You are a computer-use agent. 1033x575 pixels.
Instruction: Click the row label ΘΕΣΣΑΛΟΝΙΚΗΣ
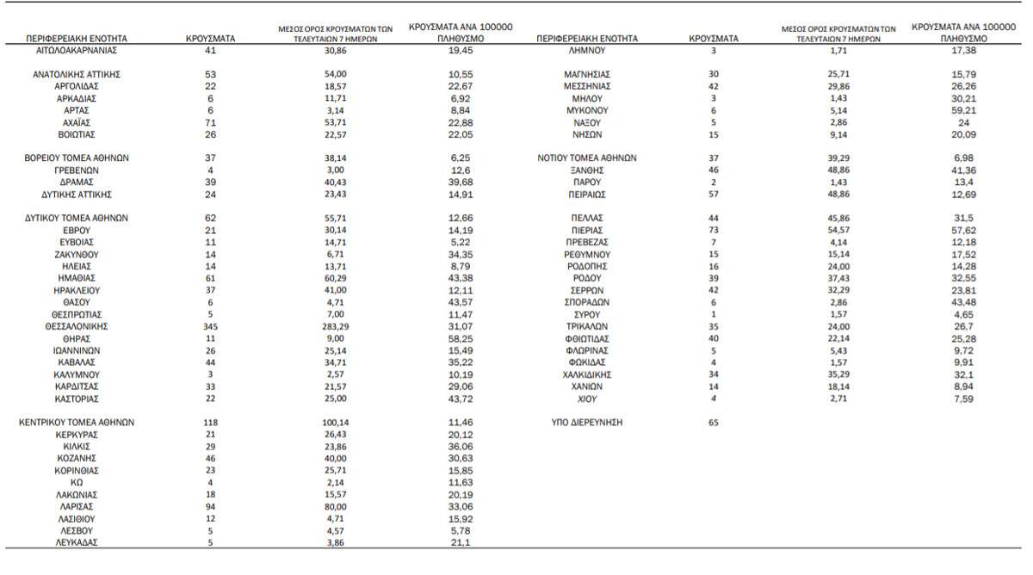click(77, 327)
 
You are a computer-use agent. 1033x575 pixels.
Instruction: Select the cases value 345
click(210, 327)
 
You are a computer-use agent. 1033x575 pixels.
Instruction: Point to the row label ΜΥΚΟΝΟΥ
click(587, 111)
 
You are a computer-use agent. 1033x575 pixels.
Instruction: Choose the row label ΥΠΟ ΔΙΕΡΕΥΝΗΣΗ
click(587, 424)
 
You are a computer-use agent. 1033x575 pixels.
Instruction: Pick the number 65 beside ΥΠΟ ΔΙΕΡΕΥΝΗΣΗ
click(714, 424)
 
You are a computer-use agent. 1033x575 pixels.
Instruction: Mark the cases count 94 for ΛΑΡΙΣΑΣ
click(210, 507)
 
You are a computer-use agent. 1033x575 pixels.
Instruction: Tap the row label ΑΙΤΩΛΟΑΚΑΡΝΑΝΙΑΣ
click(77, 51)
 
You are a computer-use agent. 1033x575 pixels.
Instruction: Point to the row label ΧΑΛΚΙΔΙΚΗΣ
click(587, 375)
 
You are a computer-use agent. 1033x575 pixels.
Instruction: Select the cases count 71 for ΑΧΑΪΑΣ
click(210, 123)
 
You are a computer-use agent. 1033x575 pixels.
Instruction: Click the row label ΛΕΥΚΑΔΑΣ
click(77, 543)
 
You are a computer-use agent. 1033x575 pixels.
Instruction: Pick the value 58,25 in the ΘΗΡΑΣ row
click(461, 339)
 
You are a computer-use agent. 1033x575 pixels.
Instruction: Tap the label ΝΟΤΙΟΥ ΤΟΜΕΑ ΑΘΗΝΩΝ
click(587, 158)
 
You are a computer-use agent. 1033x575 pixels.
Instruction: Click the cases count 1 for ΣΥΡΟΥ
click(714, 315)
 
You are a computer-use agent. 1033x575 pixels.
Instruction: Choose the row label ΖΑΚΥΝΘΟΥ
click(77, 255)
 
